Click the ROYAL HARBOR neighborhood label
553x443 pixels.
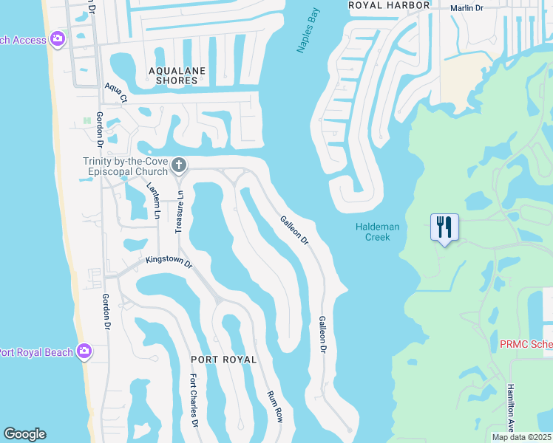[390, 5]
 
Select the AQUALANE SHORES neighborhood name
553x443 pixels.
[177, 75]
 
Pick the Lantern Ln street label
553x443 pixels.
[154, 201]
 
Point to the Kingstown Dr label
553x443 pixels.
[169, 261]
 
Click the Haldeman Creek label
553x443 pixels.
[378, 232]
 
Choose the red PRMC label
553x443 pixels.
[526, 345]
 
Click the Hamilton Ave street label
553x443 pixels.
[510, 406]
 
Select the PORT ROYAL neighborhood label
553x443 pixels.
[223, 360]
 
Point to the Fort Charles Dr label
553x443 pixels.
[193, 402]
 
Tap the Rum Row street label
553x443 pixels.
[275, 406]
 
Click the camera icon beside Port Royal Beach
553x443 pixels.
[84, 351]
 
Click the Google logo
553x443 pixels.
[24, 434]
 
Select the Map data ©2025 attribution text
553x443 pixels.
[522, 437]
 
